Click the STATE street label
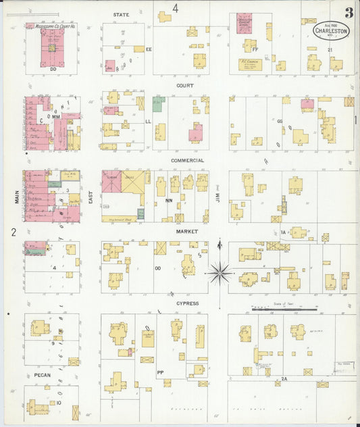(x=122, y=14)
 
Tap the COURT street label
(x=185, y=86)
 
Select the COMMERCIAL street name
(x=187, y=160)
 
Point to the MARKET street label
(x=186, y=231)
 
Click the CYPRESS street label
(x=187, y=303)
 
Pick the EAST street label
(x=91, y=197)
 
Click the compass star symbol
(x=220, y=273)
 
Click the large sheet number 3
(x=348, y=13)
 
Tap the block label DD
(x=53, y=68)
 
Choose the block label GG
(x=279, y=122)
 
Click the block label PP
(x=160, y=372)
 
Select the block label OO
(x=157, y=268)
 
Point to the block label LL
(x=148, y=122)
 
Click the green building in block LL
(x=158, y=104)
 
